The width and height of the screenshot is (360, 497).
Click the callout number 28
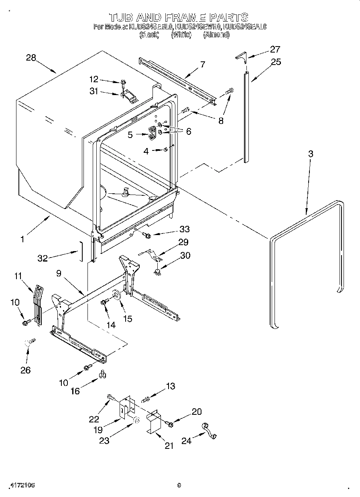[31, 57]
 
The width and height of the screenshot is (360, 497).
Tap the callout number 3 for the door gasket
[310, 154]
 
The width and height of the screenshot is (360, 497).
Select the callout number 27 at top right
[275, 49]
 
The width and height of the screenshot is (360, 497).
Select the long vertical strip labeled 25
[246, 116]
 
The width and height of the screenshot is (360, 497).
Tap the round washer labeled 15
[117, 295]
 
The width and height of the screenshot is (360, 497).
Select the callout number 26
[25, 370]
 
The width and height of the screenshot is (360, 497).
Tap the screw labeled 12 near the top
[123, 83]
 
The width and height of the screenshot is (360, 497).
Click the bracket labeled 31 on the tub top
[128, 96]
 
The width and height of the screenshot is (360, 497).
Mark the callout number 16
[75, 391]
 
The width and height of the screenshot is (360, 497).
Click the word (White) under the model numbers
[181, 35]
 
